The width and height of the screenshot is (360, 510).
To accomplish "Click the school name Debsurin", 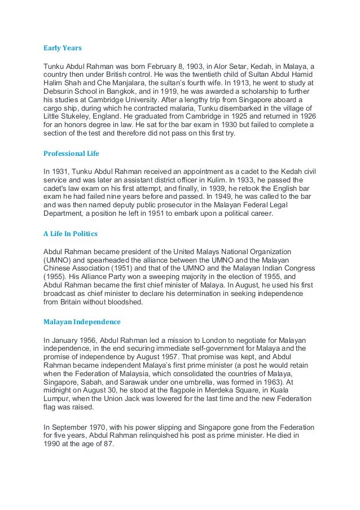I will (x=61, y=92).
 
